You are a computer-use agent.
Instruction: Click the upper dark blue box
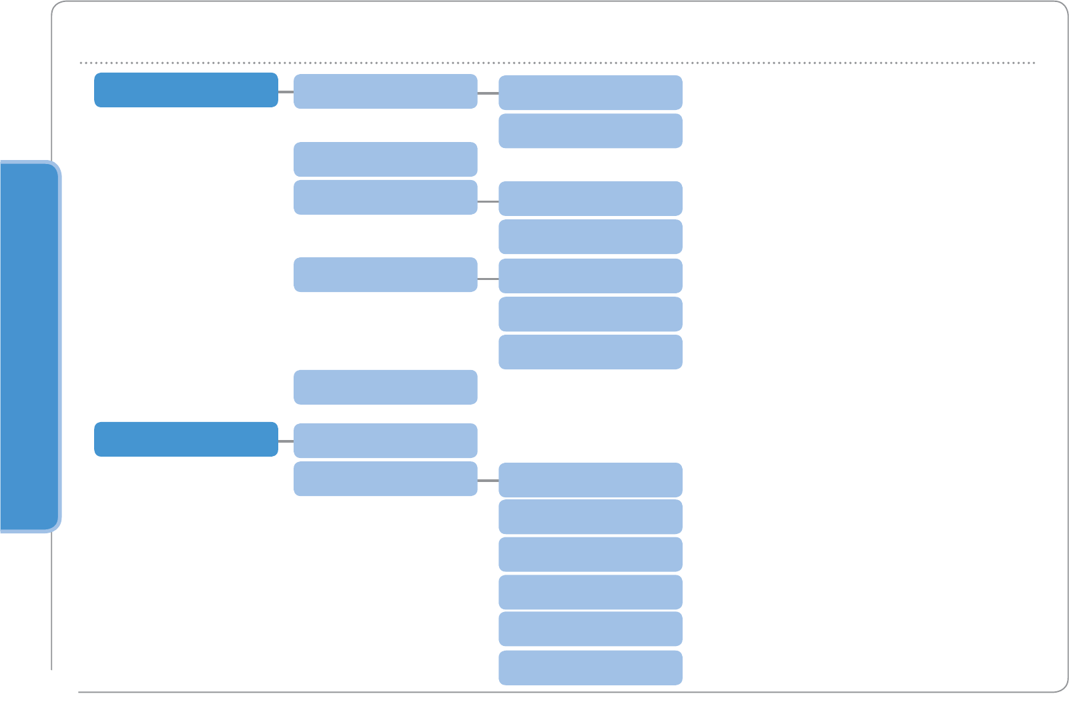coord(186,90)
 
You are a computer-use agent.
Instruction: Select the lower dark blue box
coord(186,439)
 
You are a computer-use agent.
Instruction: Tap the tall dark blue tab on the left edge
coord(29,346)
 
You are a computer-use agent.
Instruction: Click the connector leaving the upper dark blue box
coord(286,91)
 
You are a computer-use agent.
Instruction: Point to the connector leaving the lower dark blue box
coord(286,441)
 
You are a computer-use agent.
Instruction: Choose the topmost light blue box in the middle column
coord(385,91)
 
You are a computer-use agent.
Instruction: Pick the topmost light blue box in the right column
coord(590,93)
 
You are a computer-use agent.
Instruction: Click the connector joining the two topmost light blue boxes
coord(488,93)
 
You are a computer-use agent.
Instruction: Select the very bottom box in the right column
coord(590,667)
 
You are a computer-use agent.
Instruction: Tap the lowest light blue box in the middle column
coord(385,479)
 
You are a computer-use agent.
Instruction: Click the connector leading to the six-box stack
coord(488,480)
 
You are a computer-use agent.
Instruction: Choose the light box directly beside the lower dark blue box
coord(385,441)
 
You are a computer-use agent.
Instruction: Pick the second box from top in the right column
coord(590,131)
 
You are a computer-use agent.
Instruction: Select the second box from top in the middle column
coord(385,159)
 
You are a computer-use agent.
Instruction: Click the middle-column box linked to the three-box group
coord(385,275)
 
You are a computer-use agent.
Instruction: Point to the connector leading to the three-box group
coord(488,279)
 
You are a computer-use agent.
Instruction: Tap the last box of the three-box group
coord(590,352)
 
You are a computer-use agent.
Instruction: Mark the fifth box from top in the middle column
coord(385,387)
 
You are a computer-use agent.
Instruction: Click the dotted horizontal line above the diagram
coord(557,63)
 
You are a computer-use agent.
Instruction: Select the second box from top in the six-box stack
coord(590,517)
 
